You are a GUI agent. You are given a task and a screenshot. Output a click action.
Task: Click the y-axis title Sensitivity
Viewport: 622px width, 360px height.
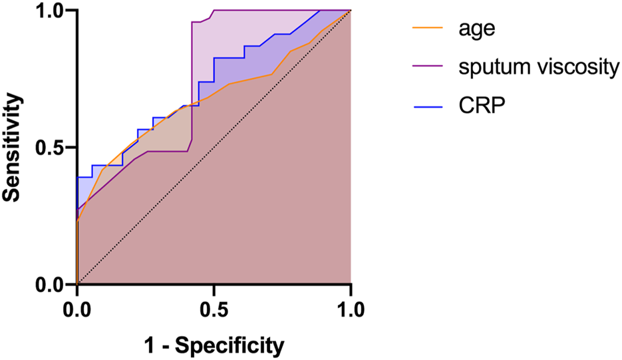15,147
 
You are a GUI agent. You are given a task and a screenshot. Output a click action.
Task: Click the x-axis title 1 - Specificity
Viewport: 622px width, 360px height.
214,345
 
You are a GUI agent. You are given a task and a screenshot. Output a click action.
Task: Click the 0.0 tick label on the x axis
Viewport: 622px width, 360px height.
77,309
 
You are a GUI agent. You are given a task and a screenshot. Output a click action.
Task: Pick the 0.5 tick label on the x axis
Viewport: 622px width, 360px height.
214,309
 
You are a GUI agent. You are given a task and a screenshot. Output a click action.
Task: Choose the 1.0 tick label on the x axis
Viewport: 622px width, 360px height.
350,309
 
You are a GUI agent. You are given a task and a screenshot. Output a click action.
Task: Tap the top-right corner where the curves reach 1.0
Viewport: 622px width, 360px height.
350,11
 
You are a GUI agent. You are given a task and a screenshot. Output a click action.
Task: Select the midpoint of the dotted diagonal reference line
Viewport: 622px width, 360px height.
214,148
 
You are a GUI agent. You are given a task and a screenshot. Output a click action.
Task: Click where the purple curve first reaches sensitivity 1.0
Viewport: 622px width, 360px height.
213,11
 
